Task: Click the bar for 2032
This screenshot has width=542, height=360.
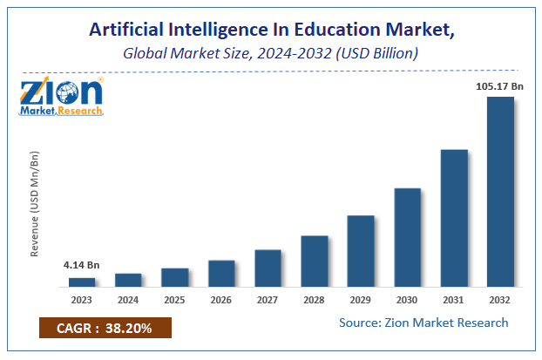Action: click(x=500, y=192)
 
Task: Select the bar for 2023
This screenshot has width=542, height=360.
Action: click(x=82, y=282)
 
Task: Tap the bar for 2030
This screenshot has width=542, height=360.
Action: click(x=407, y=237)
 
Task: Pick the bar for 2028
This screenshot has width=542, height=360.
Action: click(x=315, y=261)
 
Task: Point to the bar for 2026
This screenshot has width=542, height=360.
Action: click(x=221, y=273)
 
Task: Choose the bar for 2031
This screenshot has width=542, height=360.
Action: click(x=454, y=218)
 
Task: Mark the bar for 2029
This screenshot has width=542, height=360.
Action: click(x=361, y=251)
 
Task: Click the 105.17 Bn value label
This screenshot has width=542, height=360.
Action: click(x=499, y=85)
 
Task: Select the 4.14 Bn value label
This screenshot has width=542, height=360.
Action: click(x=81, y=265)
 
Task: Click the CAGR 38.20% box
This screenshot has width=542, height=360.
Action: click(x=105, y=328)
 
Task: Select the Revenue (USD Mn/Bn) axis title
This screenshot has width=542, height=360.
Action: click(x=36, y=204)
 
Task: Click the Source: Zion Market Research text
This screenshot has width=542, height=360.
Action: click(x=423, y=323)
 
